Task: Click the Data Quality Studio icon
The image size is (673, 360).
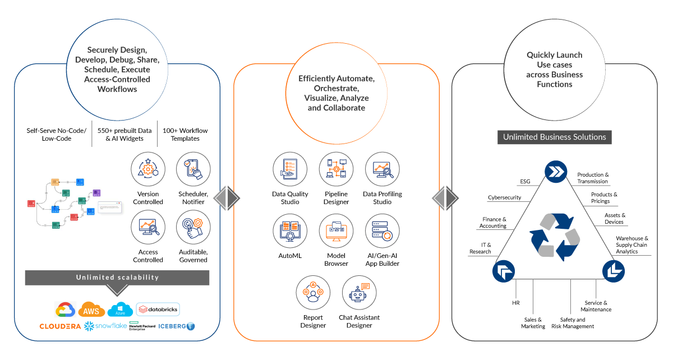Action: tap(290, 169)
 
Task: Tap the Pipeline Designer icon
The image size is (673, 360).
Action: tap(336, 169)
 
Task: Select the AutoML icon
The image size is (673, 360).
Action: tap(290, 231)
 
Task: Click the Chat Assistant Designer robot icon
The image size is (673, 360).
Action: tap(359, 293)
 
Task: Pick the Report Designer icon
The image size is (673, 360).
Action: tap(313, 293)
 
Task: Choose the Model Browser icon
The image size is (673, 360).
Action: tap(336, 231)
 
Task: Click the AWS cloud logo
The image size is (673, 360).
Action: tap(91, 310)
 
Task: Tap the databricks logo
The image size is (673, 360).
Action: tap(158, 309)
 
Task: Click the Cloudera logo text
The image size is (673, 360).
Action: tap(60, 326)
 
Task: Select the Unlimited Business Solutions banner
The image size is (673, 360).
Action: tap(554, 137)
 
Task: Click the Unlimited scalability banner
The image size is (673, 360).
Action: tap(117, 277)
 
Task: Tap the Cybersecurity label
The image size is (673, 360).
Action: tap(504, 197)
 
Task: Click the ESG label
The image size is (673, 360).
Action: tap(525, 182)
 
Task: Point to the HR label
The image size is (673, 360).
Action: tap(516, 303)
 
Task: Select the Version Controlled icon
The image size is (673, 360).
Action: tap(148, 169)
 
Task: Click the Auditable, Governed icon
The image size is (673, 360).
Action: tap(193, 228)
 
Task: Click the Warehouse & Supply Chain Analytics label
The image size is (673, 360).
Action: tap(632, 244)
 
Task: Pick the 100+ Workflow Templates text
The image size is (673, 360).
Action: tap(185, 135)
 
